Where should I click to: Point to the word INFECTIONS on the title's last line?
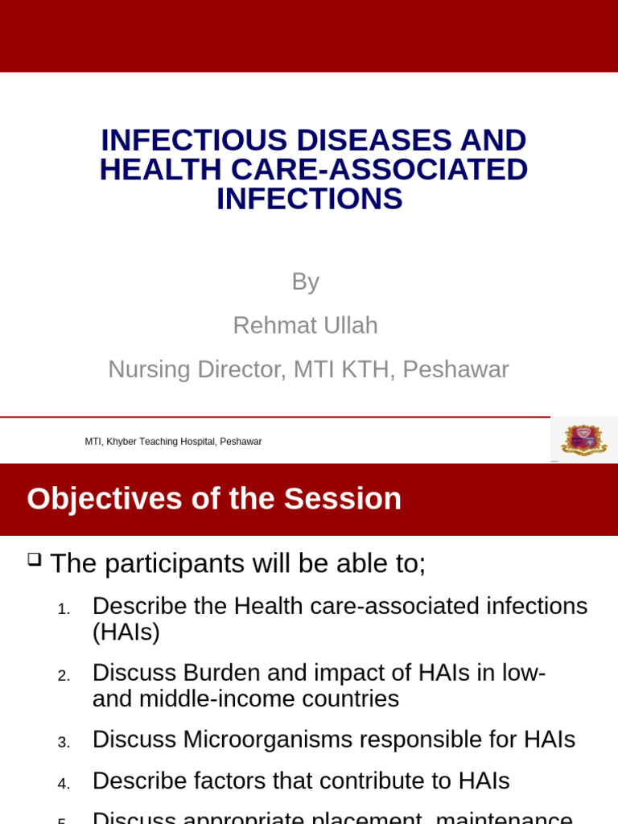tap(309, 199)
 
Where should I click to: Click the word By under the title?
tap(305, 282)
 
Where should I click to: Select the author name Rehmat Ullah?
tap(305, 325)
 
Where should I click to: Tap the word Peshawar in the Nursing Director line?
tap(455, 369)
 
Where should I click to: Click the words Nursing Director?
tap(197, 369)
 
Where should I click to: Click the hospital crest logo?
tap(583, 439)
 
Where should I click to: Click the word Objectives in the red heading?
tap(105, 499)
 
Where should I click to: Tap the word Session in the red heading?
tap(342, 499)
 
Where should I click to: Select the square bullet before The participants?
tap(34, 559)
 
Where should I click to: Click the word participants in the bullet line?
tap(175, 563)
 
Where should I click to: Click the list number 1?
tap(64, 610)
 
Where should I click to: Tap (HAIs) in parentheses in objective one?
tap(126, 632)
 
